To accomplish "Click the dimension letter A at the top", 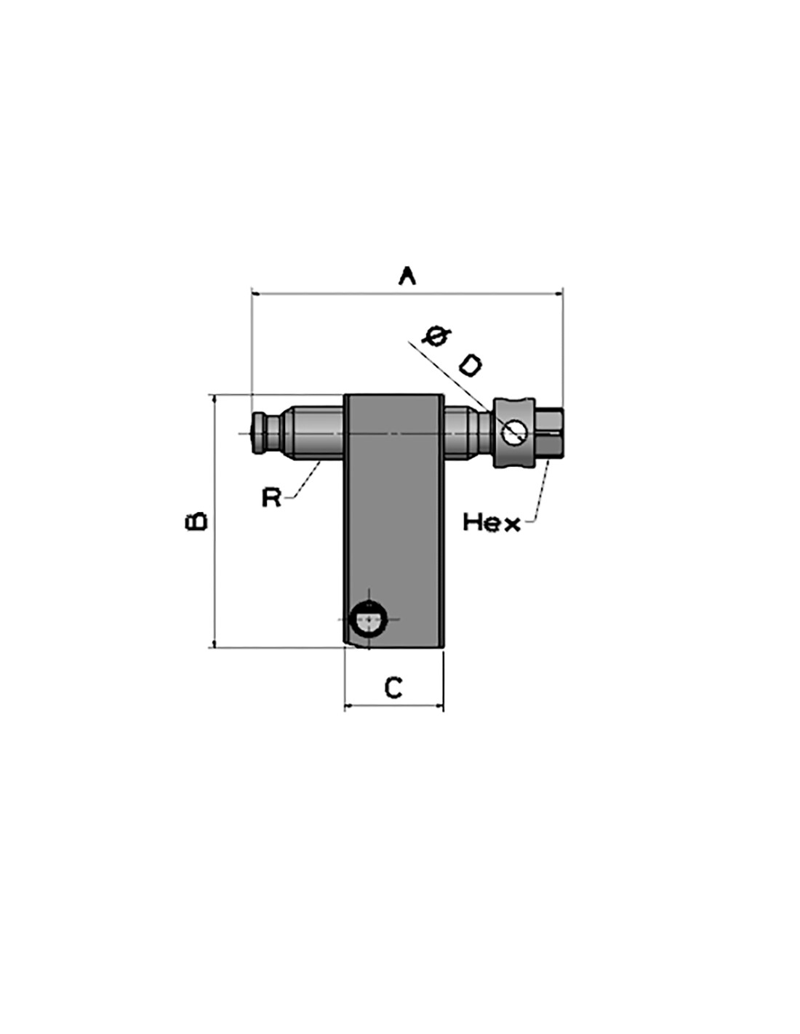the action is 406,276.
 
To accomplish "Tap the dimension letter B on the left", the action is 196,521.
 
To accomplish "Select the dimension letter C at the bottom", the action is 393,687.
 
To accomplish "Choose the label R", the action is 272,497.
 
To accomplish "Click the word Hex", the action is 492,522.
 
